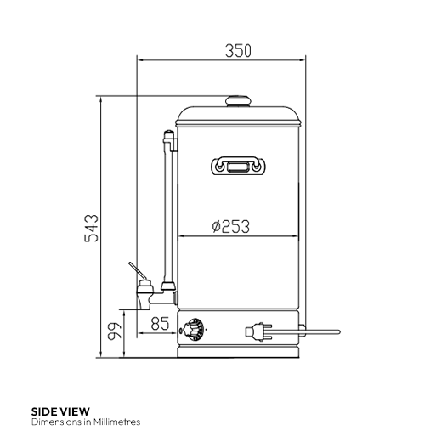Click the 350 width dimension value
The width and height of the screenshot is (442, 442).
(238, 50)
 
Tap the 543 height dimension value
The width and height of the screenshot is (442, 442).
(92, 229)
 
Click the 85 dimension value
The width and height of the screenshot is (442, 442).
(159, 323)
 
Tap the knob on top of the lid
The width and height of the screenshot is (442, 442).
(238, 101)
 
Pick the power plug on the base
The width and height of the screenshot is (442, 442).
(254, 331)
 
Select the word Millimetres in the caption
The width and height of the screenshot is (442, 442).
(113, 421)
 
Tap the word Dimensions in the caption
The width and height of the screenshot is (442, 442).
(53, 421)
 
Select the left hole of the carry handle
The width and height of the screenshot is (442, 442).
(222, 167)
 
